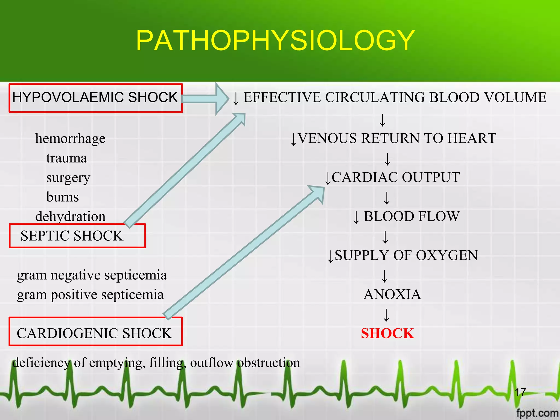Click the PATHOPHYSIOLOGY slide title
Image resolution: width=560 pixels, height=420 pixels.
click(275, 41)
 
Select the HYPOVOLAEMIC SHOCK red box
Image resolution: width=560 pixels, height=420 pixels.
click(95, 98)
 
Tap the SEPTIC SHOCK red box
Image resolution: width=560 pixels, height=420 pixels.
click(77, 236)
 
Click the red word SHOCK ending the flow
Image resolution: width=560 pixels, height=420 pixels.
click(387, 333)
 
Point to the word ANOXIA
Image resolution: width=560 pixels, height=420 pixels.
click(392, 294)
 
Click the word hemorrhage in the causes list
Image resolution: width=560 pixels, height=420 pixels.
click(70, 138)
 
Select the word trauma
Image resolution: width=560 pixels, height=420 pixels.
click(66, 158)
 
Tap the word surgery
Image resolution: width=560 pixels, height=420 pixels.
click(68, 178)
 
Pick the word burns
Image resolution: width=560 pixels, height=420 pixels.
click(63, 197)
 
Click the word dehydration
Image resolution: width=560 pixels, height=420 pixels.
click(70, 217)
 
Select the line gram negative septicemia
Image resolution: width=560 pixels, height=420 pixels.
click(92, 275)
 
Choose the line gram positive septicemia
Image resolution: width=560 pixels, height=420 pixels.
click(90, 295)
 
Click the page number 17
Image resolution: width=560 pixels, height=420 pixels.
click(520, 392)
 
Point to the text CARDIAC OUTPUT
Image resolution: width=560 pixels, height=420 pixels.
click(395, 177)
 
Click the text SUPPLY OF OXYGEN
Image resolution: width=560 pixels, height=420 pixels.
click(406, 255)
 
